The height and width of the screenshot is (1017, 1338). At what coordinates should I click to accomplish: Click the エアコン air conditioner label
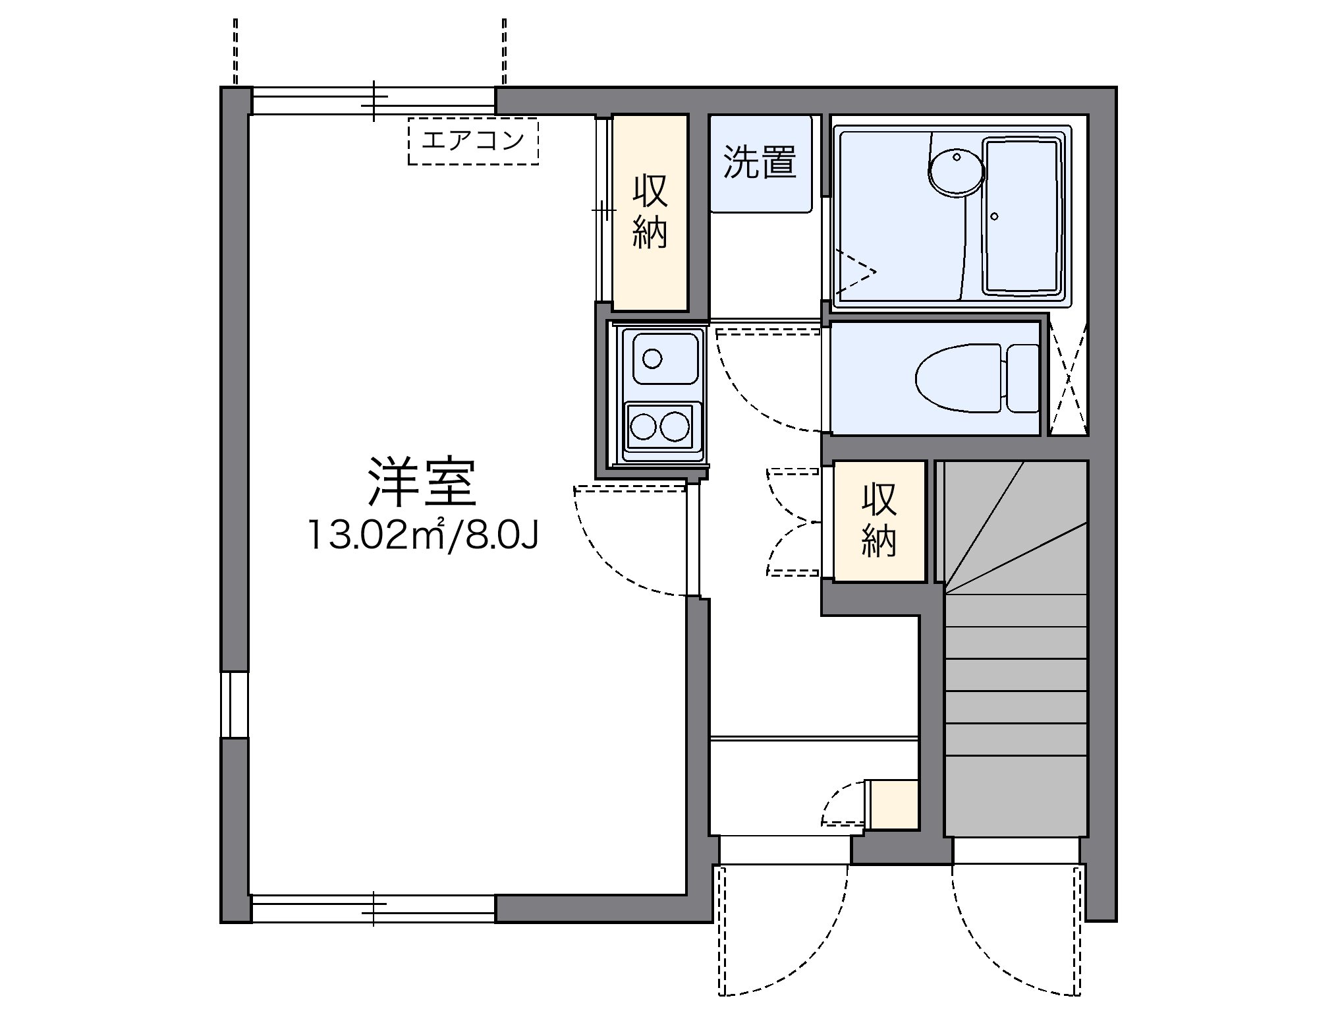(473, 140)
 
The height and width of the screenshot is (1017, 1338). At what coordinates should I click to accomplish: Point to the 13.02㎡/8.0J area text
(422, 536)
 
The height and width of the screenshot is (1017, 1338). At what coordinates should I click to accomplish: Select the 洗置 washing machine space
(760, 162)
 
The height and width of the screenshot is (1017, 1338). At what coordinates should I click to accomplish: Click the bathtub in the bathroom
(1022, 216)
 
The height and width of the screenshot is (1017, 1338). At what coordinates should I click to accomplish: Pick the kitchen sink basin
(665, 359)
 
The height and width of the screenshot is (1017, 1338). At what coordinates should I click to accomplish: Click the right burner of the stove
(675, 426)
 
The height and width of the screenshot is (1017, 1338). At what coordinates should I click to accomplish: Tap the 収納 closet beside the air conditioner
(650, 212)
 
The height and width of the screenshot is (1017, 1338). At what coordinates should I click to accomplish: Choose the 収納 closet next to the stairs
(879, 521)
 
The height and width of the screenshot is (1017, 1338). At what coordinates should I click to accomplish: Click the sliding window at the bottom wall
(373, 908)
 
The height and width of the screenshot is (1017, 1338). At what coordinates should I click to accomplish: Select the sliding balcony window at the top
(373, 101)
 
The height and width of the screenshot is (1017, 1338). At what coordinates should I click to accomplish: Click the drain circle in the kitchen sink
(652, 359)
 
